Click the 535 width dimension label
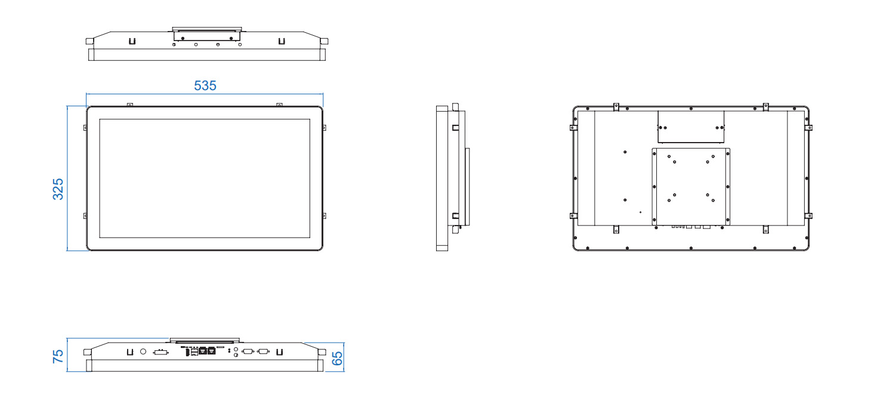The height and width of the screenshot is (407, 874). tap(205, 85)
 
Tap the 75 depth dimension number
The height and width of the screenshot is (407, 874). tap(58, 356)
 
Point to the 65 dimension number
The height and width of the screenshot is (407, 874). tap(337, 358)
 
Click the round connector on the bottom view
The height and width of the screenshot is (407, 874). tap(143, 351)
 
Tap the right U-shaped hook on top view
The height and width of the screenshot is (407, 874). tap(282, 41)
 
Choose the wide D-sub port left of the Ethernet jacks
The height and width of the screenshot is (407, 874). tap(160, 352)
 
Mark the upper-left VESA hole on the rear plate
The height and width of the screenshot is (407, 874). tap(674, 162)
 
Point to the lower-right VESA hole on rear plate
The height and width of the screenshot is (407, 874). tap(708, 195)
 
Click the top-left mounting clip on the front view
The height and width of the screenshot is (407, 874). tap(130, 105)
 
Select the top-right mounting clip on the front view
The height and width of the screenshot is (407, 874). tap(279, 105)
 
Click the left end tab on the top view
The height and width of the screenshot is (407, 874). tap(89, 41)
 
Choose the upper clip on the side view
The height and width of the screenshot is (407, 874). tap(455, 128)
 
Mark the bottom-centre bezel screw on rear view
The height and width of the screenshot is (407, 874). tap(691, 248)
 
